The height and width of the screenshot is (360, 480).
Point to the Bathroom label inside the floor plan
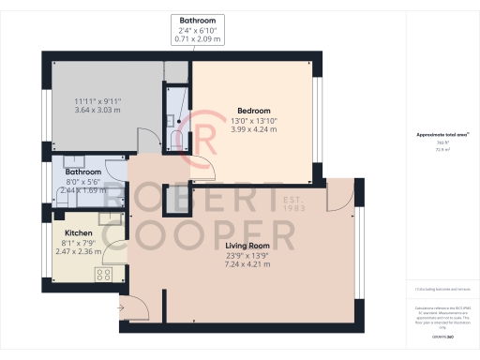pyautogui.click(x=82, y=172)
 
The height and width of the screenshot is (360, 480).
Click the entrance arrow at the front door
pyautogui.click(x=122, y=307)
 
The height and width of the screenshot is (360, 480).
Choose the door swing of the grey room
pyautogui.click(x=146, y=142)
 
